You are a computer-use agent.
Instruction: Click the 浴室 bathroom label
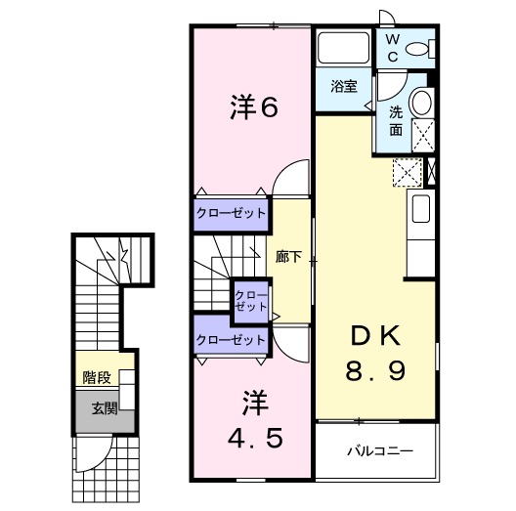[x=342, y=85]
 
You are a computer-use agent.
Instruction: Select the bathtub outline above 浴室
[x=342, y=49]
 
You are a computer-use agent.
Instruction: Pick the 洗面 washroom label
[x=396, y=119]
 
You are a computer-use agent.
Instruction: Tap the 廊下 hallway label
[x=288, y=257]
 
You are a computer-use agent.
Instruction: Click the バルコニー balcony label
[x=379, y=451]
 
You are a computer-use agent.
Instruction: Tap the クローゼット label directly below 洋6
[x=231, y=212]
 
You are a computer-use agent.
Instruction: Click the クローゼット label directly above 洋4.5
[x=231, y=339]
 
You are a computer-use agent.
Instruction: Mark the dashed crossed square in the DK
[x=405, y=173]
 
